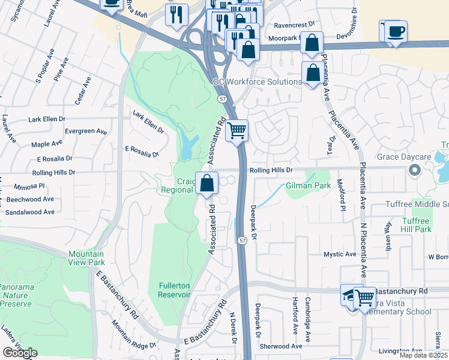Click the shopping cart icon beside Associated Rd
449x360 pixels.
(237, 130)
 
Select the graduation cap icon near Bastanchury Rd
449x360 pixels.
(352, 295)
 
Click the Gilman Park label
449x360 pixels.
(308, 186)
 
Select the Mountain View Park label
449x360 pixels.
(86, 258)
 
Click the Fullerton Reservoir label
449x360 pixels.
(175, 290)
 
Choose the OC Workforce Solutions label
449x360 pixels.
(257, 82)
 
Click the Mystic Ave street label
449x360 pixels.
(340, 254)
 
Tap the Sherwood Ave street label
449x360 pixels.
(280, 346)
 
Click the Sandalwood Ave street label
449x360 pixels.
(29, 212)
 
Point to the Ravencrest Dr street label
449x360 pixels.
(294, 25)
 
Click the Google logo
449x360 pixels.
(20, 353)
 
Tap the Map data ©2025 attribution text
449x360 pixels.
(423, 355)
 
